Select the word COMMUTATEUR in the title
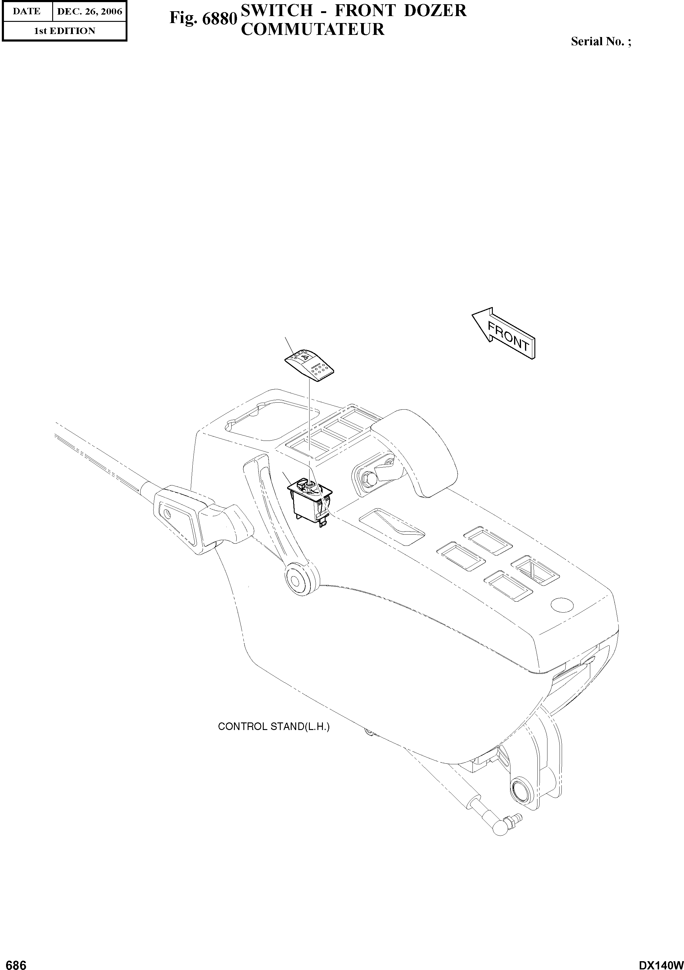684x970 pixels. point(312,29)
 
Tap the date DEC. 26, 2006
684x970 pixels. point(89,12)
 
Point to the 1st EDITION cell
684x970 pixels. point(64,31)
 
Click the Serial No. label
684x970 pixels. point(600,41)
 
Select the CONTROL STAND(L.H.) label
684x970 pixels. point(273,727)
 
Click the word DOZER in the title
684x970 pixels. point(435,11)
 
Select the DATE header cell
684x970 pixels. point(27,12)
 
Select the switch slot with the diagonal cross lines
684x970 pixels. point(535,570)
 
